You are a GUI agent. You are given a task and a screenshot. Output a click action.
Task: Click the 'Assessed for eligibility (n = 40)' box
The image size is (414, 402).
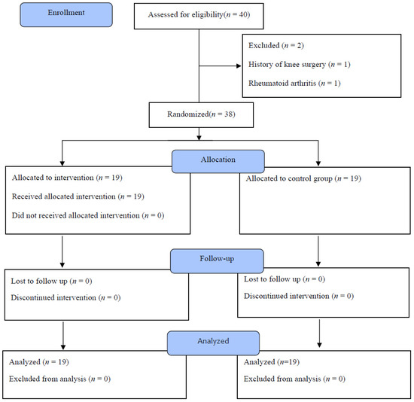click(199, 17)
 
